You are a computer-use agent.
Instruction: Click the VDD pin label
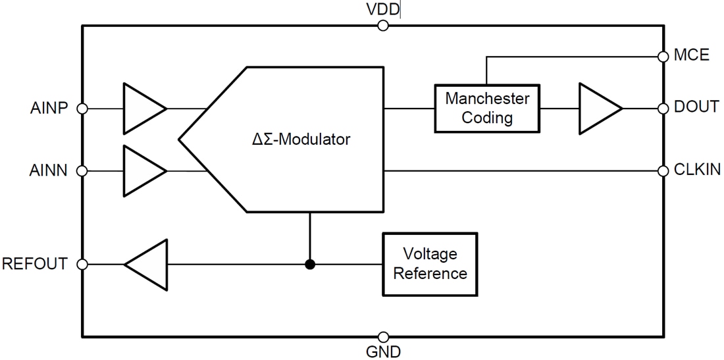point(382,9)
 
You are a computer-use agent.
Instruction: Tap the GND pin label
point(383,351)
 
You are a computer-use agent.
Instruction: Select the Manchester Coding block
point(487,108)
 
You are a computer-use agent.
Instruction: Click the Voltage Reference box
point(430,263)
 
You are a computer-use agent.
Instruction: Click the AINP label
point(49,108)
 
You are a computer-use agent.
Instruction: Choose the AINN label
point(49,170)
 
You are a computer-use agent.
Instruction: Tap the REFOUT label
point(35,264)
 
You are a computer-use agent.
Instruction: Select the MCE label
point(692,55)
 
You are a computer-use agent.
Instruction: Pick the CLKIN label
point(697,170)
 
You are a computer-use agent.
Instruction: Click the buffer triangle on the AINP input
point(141,109)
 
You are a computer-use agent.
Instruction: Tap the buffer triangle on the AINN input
point(141,171)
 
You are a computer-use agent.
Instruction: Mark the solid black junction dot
point(310,265)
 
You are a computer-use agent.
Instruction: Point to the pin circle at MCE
point(663,57)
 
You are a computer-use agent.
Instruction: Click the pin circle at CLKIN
point(663,171)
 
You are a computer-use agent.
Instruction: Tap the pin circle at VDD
point(382,26)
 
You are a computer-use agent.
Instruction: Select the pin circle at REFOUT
point(82,265)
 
